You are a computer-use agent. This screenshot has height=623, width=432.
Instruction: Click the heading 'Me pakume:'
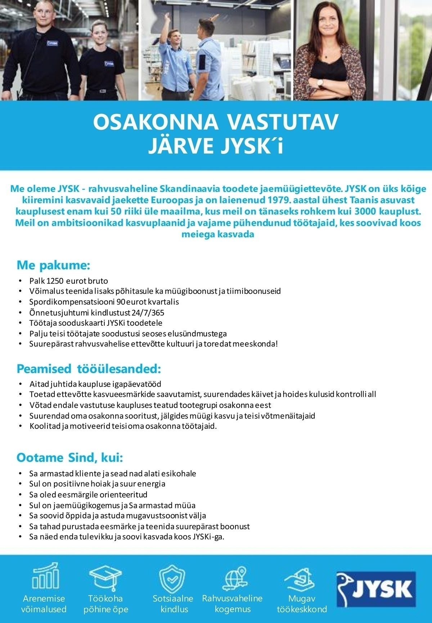click(x=53, y=266)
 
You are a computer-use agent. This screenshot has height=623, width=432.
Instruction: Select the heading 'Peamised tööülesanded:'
click(x=89, y=369)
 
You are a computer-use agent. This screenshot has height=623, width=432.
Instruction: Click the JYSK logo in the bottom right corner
click(x=375, y=588)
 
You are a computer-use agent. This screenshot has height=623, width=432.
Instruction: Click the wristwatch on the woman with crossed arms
click(x=320, y=82)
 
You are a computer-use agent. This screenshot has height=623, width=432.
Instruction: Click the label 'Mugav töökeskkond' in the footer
click(x=302, y=604)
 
